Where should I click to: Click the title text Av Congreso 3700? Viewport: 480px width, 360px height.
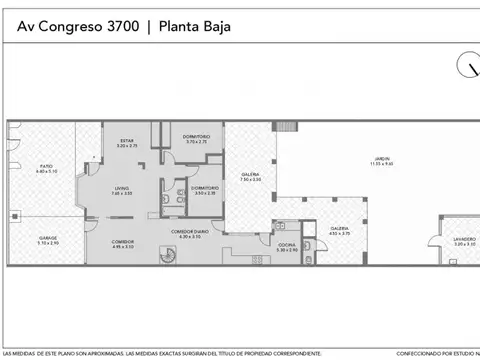[x=77, y=27]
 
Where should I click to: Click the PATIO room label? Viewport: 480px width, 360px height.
[x=47, y=169]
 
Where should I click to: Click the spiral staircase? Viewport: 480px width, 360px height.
[x=167, y=256]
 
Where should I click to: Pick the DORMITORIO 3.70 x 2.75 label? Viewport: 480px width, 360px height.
[x=197, y=138]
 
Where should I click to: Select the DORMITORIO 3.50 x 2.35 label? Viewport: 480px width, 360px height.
[x=205, y=190]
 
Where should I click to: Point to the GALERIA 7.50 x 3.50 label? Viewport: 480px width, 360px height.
[x=250, y=177]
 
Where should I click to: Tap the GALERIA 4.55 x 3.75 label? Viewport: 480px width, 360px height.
[x=340, y=230]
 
